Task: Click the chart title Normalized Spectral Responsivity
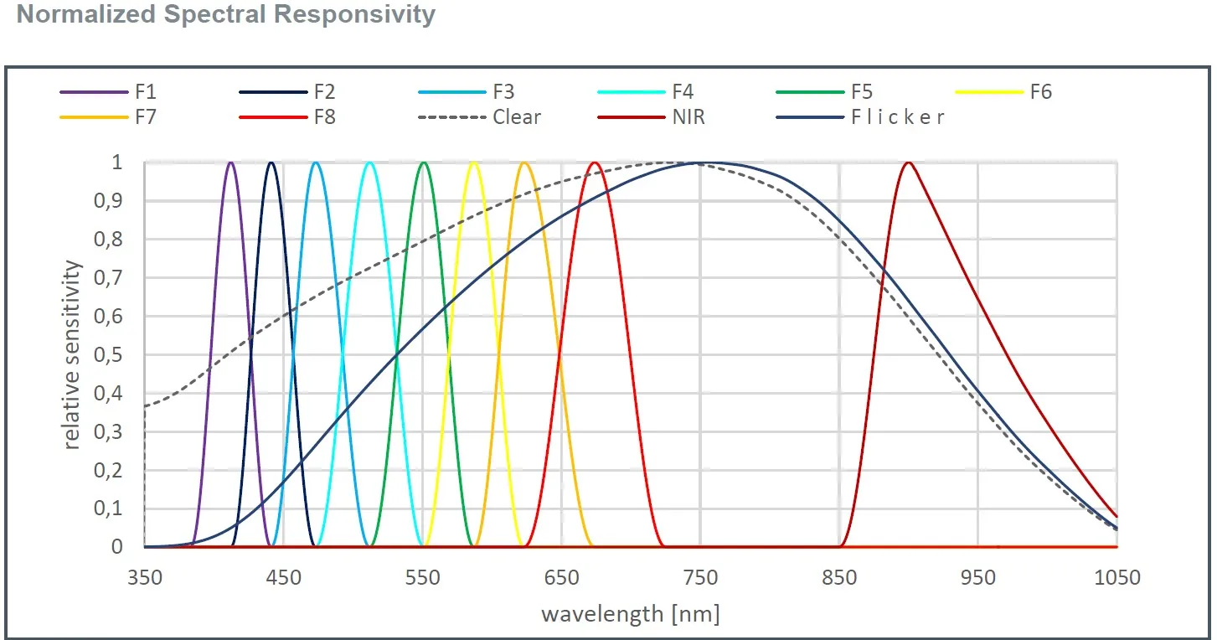point(226,15)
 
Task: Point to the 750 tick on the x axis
point(701,578)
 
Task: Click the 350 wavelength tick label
point(144,578)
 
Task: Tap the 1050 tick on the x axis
point(1117,578)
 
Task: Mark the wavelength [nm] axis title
point(630,614)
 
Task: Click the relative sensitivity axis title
point(74,354)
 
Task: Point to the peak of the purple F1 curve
point(231,163)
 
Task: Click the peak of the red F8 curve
point(595,163)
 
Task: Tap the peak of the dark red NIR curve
point(908,163)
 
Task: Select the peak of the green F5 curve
point(424,163)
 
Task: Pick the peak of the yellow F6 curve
point(474,163)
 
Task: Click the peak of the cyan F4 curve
point(369,163)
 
